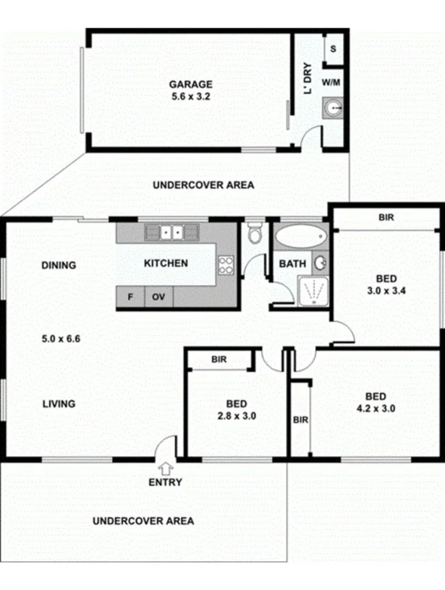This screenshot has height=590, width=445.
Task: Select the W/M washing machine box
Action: (331, 83)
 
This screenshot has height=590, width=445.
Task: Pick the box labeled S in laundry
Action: (333, 49)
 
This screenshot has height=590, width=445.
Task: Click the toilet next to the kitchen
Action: (255, 235)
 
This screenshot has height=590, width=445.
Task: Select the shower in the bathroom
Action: (313, 291)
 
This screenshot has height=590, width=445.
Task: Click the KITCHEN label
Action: (166, 264)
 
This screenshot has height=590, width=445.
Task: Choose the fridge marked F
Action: (130, 297)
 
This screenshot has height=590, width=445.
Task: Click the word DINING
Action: (59, 265)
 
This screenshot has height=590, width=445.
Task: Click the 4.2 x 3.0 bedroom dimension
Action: (375, 408)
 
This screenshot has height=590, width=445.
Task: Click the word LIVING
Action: (59, 404)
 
